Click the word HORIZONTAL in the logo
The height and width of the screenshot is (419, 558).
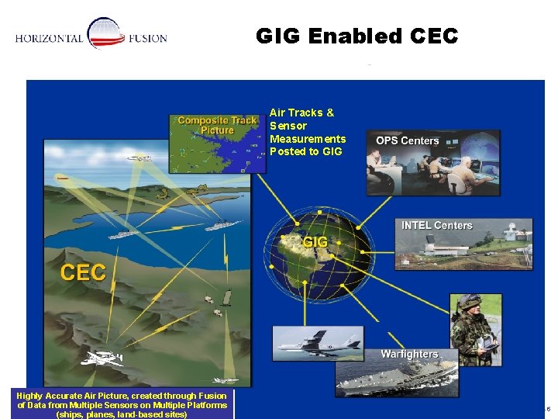(x=49, y=39)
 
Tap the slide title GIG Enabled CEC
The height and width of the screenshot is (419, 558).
(x=356, y=36)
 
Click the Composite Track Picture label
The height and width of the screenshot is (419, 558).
(x=217, y=125)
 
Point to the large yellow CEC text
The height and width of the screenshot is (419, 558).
(x=83, y=272)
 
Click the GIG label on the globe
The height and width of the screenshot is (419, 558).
(x=315, y=242)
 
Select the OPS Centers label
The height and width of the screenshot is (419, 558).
(x=407, y=140)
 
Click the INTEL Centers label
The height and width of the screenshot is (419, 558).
(x=436, y=225)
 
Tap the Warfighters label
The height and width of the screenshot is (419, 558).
(x=408, y=354)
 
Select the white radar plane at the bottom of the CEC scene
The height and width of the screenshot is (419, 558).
(x=103, y=358)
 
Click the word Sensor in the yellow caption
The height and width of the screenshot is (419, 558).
(x=288, y=126)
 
